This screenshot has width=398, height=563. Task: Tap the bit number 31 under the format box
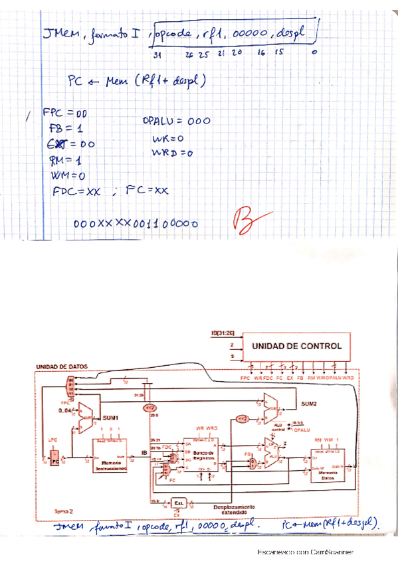point(157,54)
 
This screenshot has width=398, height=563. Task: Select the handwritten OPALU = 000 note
point(176,121)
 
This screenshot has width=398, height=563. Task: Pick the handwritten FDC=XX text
point(77,191)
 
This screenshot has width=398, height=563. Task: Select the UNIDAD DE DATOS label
point(63,367)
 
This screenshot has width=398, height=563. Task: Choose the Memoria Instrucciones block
point(110,463)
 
